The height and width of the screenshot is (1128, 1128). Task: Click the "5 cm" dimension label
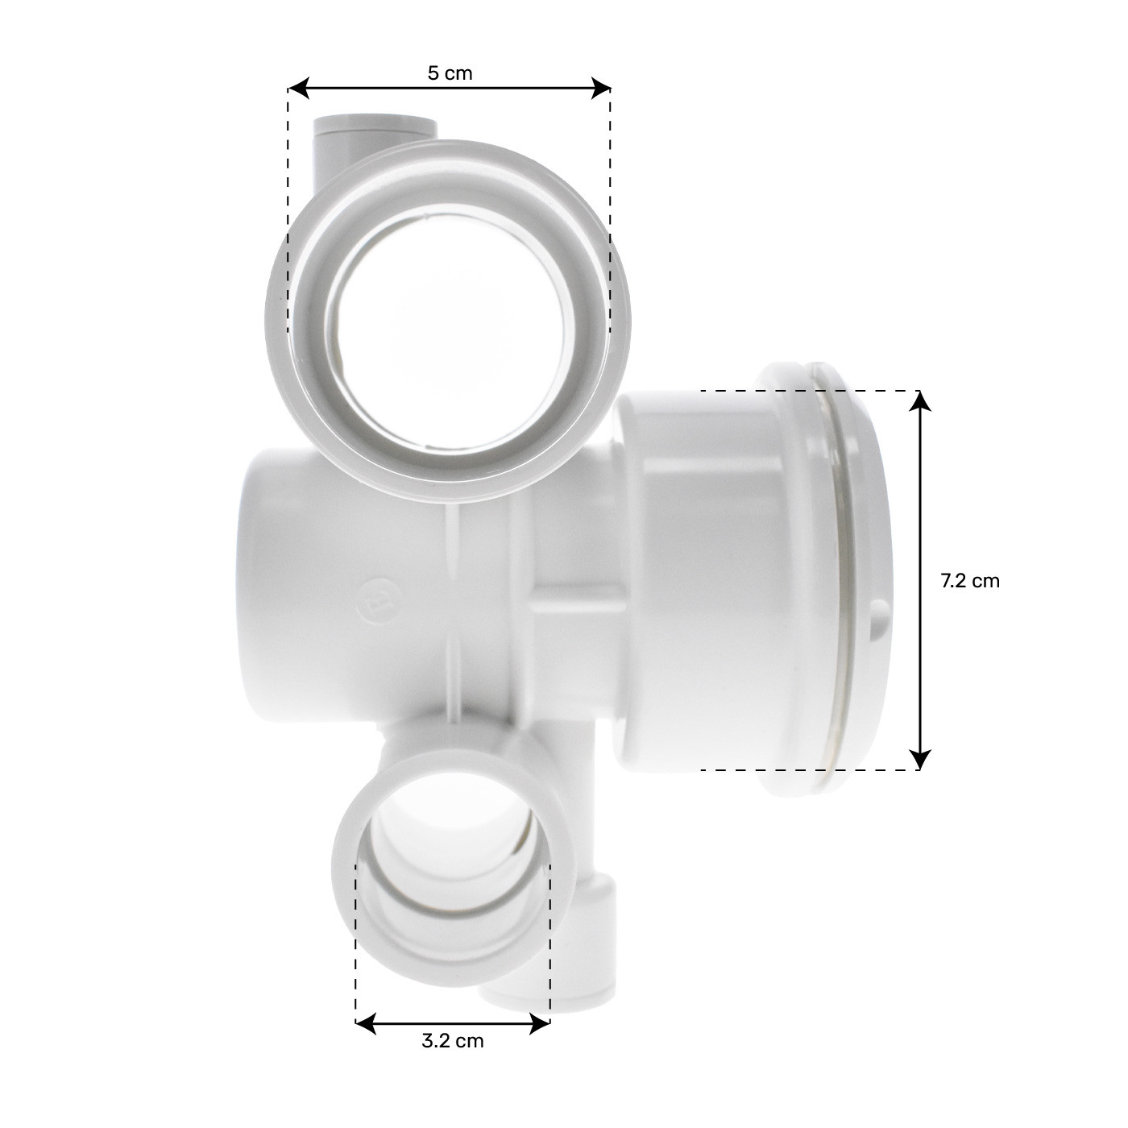pos(450,74)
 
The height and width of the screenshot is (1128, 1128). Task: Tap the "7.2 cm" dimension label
pos(970,581)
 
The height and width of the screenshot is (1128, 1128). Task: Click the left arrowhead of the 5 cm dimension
pos(299,89)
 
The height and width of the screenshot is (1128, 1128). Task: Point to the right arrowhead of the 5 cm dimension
pos(600,89)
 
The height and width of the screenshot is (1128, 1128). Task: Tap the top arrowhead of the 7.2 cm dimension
pos(921,401)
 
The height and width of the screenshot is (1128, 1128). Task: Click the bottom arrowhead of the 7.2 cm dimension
pos(921,759)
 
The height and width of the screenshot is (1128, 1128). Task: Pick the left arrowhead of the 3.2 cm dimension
pos(367,1024)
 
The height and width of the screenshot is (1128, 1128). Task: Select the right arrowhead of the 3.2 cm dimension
pos(540,1024)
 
